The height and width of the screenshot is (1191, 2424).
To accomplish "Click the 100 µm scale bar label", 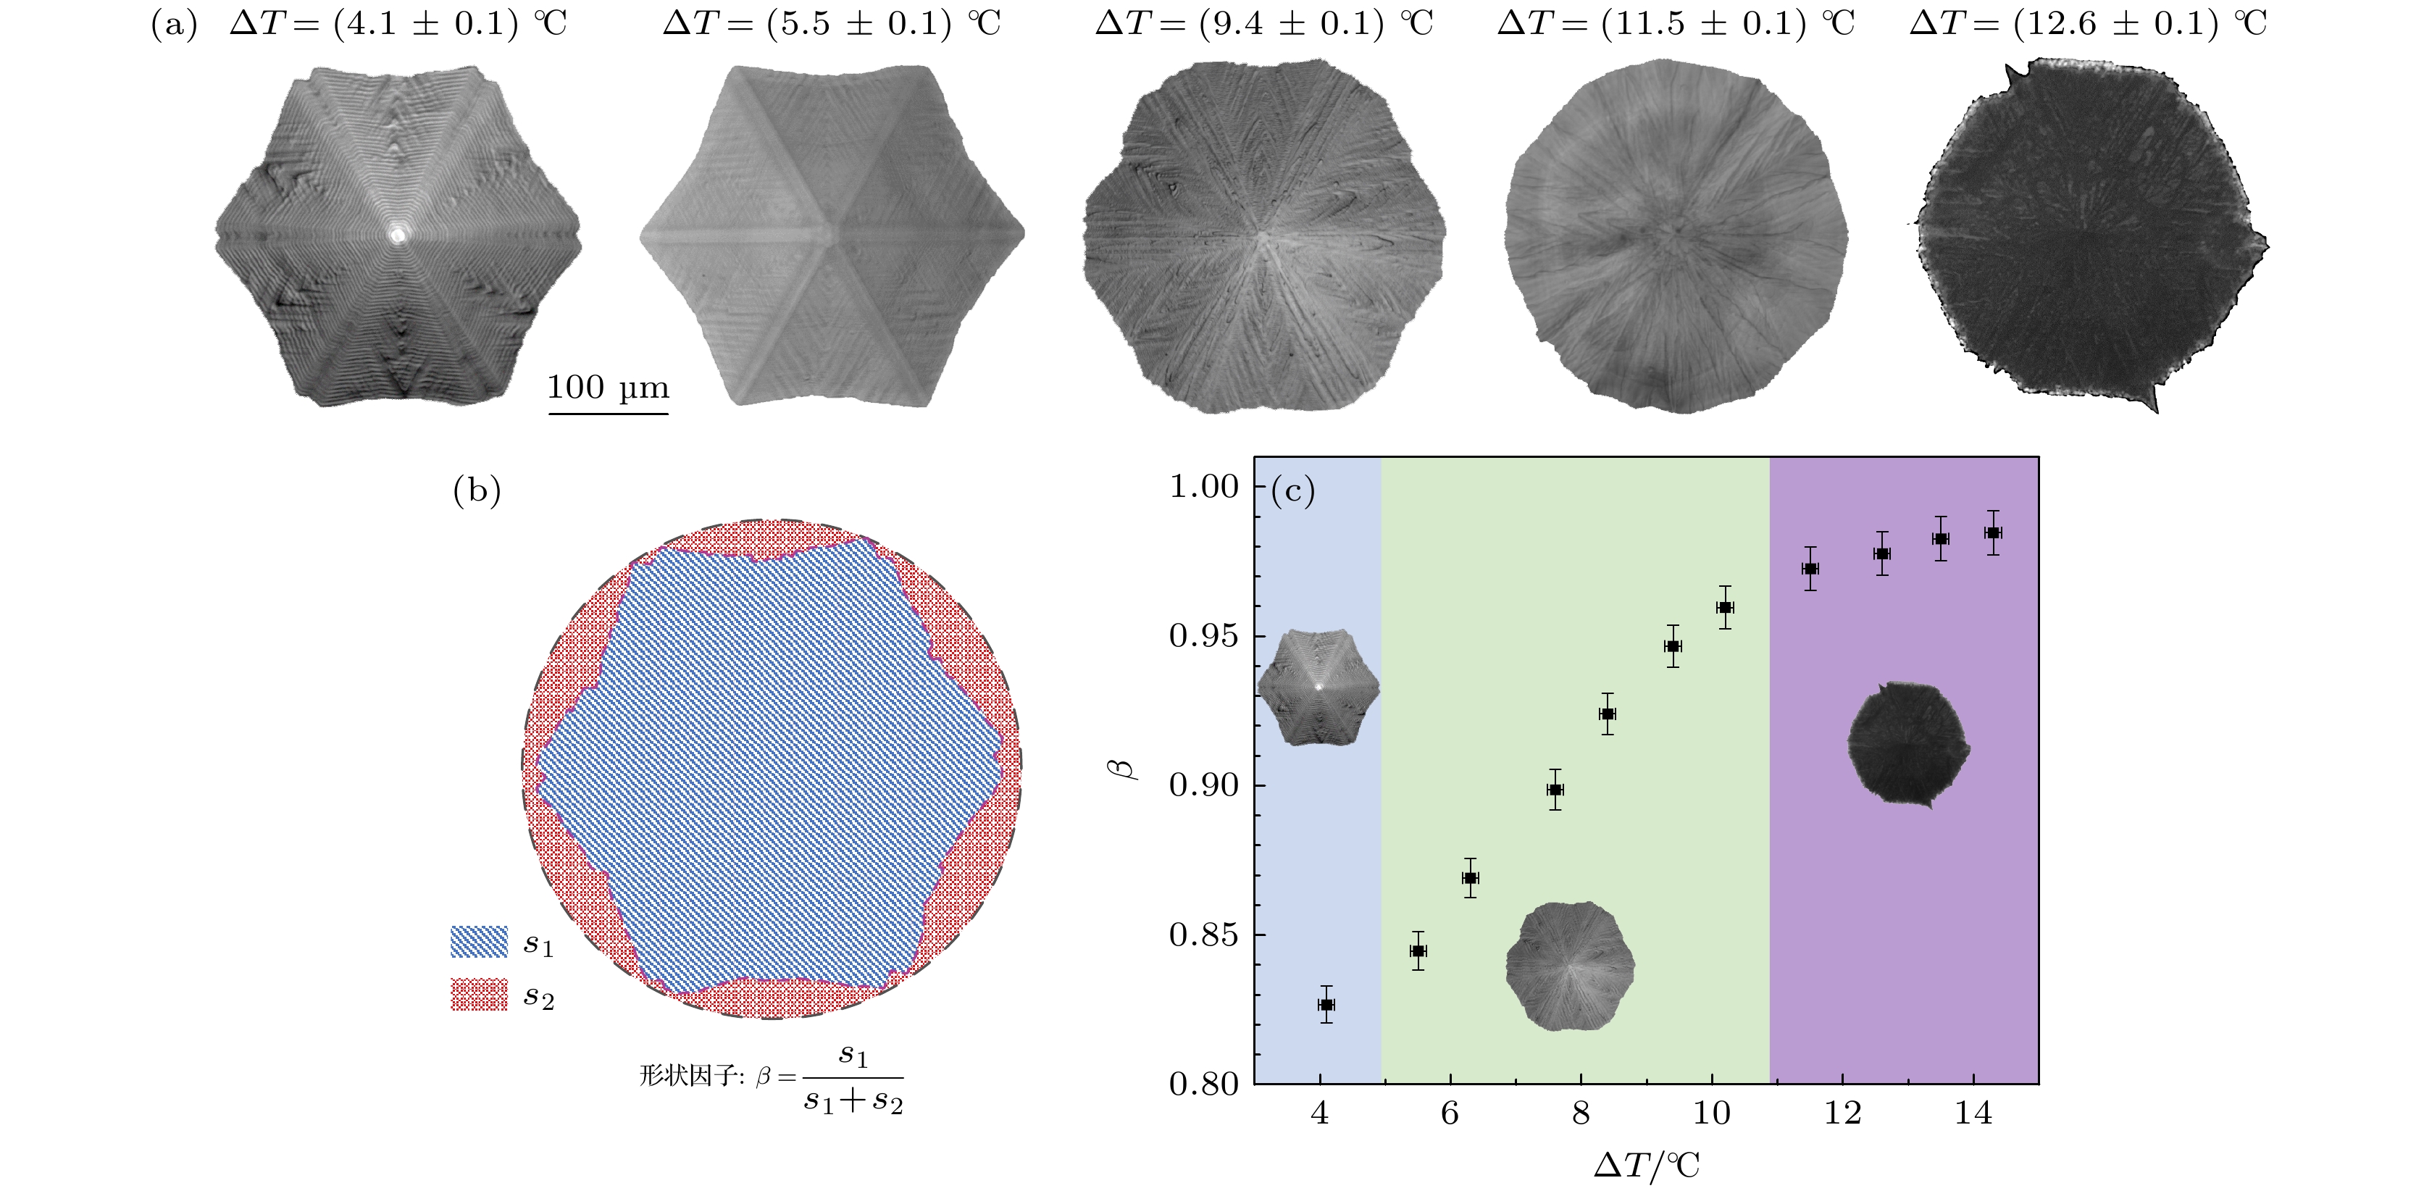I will pyautogui.click(x=608, y=388).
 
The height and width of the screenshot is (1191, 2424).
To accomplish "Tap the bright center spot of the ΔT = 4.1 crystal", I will pyautogui.click(x=398, y=234).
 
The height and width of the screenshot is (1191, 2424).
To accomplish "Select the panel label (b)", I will pyautogui.click(x=477, y=490).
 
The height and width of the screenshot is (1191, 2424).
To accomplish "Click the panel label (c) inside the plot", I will pyautogui.click(x=1293, y=490).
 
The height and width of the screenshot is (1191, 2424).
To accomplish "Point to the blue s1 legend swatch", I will pyautogui.click(x=479, y=942).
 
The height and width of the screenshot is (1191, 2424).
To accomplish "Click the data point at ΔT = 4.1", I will pyautogui.click(x=1326, y=1005).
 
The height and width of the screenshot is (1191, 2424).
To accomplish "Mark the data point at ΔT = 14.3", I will pyautogui.click(x=1992, y=532).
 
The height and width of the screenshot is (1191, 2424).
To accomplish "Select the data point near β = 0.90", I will pyautogui.click(x=1555, y=790).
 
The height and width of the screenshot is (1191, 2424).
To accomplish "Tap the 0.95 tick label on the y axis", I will pyautogui.click(x=1203, y=636).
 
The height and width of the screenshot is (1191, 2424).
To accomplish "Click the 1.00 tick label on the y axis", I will pyautogui.click(x=1203, y=486).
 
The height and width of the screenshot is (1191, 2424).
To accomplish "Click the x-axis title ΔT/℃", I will pyautogui.click(x=1647, y=1166).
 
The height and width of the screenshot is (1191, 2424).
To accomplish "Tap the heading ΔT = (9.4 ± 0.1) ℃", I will pyautogui.click(x=1263, y=22).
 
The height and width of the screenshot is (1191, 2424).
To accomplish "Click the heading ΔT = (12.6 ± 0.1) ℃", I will pyautogui.click(x=2088, y=22).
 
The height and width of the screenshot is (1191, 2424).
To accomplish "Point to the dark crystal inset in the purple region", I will pyautogui.click(x=1908, y=744).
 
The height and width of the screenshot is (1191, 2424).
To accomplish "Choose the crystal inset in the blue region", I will pyautogui.click(x=1318, y=687).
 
